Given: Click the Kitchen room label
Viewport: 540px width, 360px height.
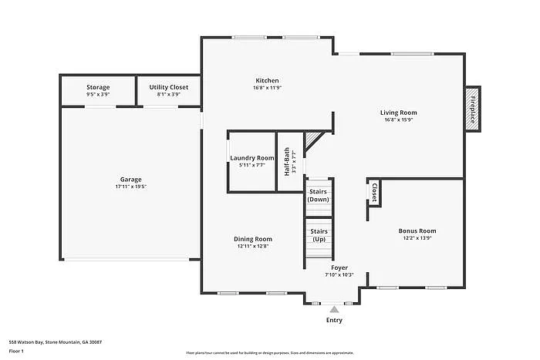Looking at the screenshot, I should pos(268,80).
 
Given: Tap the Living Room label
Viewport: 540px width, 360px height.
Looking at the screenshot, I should pos(400,112).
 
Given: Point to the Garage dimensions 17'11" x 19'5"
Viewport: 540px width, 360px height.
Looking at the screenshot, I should pos(131,187).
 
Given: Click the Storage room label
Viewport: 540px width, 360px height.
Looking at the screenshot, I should pos(98,87).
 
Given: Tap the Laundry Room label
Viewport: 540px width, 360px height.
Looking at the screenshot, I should pos(252,158).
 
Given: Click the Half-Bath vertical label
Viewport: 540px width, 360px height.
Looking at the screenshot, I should pos(286,162).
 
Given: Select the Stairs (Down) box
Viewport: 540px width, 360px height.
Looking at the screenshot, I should pos(318,195).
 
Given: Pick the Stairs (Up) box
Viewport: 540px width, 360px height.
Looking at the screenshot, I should pos(318,234).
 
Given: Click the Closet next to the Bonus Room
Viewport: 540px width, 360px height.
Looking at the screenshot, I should pos(374,192).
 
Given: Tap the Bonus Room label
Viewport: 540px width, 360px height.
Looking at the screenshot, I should pos(417,231).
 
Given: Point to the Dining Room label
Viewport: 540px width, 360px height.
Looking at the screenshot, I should pos(253,239).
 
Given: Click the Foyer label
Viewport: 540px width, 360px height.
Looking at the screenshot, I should pos(339,267).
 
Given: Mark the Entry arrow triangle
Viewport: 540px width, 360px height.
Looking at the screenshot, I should pos(334,309).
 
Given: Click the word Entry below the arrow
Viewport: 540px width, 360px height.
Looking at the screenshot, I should pos(334,320).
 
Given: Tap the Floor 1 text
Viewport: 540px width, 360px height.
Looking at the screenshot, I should pos(16,351).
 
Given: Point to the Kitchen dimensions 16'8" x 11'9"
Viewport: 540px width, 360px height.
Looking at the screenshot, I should pos(268,88).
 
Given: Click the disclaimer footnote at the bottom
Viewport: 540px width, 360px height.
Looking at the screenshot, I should pos(269,352).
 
